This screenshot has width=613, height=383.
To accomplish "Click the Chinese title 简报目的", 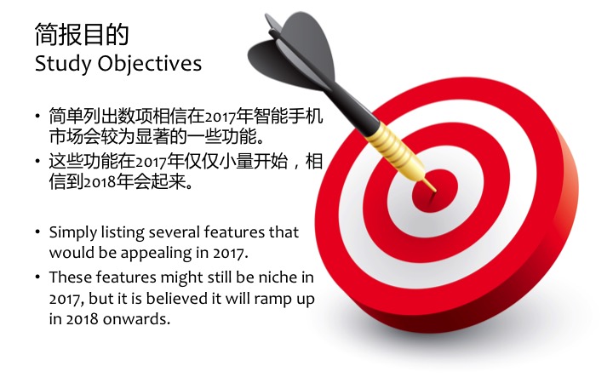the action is pyautogui.click(x=82, y=34).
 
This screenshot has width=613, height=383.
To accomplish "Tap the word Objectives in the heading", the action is pyautogui.click(x=150, y=64).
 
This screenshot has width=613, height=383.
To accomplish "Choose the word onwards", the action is pyautogui.click(x=137, y=319).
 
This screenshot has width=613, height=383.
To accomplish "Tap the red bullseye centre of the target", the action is pyautogui.click(x=435, y=191).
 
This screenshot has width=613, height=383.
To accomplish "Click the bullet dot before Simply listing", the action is pyautogui.click(x=37, y=232).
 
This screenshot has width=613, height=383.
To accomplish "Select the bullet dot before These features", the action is pyautogui.click(x=37, y=277).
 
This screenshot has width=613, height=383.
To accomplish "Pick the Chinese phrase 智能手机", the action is pyautogui.click(x=289, y=116).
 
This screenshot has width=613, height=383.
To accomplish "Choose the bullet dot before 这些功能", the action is pyautogui.click(x=37, y=161).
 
